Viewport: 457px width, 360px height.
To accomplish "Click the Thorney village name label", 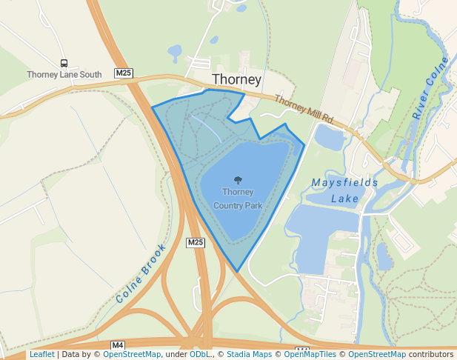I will [x=236, y=79].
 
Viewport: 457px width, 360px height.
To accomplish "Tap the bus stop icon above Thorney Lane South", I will [x=64, y=64].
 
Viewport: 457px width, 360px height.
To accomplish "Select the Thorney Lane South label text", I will [x=64, y=75].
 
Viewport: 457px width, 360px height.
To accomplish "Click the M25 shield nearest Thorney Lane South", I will [x=124, y=73].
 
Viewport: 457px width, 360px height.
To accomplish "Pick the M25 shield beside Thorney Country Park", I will [x=195, y=242].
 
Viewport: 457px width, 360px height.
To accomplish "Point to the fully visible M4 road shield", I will [x=118, y=345].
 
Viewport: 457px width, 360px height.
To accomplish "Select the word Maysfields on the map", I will [x=345, y=182].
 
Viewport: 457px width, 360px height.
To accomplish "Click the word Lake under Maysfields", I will [x=345, y=199].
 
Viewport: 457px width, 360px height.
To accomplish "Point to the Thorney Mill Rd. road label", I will [x=305, y=108].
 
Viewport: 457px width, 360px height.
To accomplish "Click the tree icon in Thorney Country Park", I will [x=238, y=180].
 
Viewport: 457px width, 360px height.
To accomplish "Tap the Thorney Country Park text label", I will [x=238, y=198].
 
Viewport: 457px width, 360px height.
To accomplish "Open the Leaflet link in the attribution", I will [x=41, y=354].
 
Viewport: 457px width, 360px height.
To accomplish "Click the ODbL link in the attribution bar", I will [x=200, y=354].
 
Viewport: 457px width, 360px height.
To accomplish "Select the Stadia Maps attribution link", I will [x=249, y=354].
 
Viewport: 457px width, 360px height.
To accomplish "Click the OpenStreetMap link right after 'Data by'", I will [x=132, y=354].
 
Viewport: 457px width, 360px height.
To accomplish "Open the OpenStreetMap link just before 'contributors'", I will [x=377, y=354].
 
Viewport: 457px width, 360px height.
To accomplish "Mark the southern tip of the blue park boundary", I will [x=237, y=271].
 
